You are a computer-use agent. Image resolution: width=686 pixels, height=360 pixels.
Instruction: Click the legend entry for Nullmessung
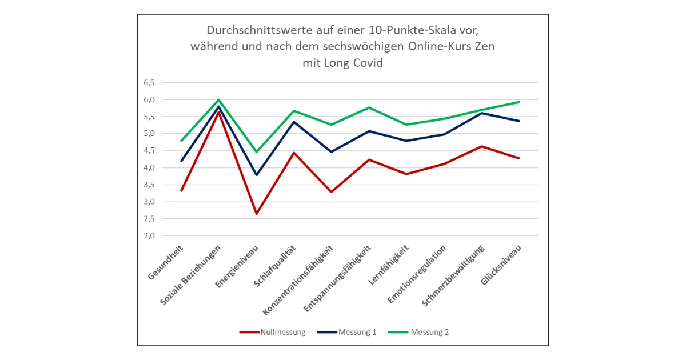[x=282, y=332]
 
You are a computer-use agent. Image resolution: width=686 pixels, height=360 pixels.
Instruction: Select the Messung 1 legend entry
[x=357, y=332]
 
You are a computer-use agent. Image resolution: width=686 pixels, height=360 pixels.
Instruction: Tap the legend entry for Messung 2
[x=429, y=332]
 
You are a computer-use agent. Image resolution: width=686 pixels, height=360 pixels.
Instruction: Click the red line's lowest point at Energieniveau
[x=257, y=214]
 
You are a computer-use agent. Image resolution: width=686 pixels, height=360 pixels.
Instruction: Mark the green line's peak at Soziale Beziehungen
[x=219, y=99]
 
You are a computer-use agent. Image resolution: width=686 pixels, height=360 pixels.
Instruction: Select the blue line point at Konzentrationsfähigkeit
[x=332, y=152]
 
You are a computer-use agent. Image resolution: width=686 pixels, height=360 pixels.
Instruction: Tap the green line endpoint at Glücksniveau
[x=519, y=102]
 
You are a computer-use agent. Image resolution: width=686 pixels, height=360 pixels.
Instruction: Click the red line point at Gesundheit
[x=181, y=191]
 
